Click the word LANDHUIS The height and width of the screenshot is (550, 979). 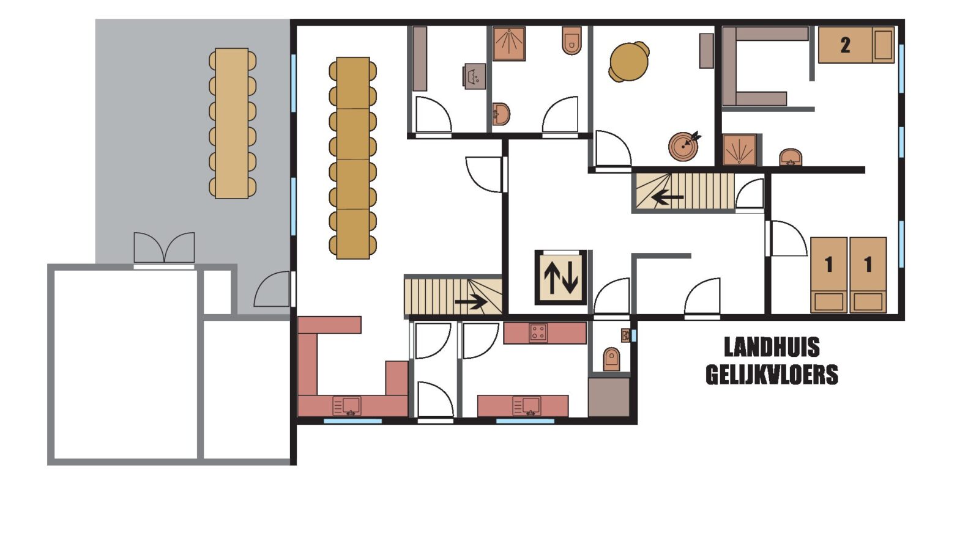(x=772, y=347)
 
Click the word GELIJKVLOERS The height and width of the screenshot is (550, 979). (x=772, y=375)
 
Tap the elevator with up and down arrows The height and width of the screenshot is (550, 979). (x=560, y=277)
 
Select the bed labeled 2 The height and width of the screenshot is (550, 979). (x=856, y=45)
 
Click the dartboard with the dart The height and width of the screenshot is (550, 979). (x=684, y=146)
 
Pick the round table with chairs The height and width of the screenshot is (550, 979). (x=628, y=62)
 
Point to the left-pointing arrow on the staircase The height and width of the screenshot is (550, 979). (x=668, y=197)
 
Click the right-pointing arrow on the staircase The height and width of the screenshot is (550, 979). (x=471, y=301)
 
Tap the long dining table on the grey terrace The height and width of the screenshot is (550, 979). (x=232, y=123)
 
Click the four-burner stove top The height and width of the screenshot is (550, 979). (x=538, y=332)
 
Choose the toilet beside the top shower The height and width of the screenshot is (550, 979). (x=571, y=40)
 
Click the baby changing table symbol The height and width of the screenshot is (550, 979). (x=474, y=76)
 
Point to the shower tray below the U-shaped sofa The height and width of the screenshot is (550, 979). (x=740, y=150)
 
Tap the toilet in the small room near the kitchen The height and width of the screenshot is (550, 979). (x=611, y=359)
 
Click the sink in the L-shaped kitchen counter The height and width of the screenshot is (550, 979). (x=347, y=406)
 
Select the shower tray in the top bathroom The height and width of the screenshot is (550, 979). (x=509, y=43)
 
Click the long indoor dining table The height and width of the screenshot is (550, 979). (x=352, y=158)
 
